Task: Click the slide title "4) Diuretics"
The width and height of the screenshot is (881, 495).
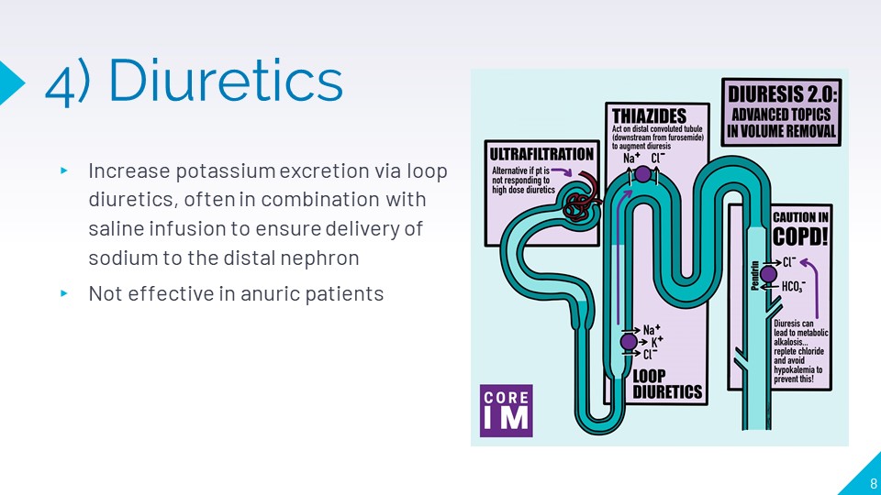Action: pos(194,82)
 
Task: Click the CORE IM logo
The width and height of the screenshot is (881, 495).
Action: pos(506,411)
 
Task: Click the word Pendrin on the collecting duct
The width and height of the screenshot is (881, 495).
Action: pos(755,276)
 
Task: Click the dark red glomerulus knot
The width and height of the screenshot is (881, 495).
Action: pos(578,204)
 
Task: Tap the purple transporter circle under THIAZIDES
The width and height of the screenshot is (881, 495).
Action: pos(642,173)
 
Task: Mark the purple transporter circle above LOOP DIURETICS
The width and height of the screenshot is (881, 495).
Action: pos(629,342)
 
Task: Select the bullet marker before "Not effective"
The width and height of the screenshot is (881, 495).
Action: pos(64,294)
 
